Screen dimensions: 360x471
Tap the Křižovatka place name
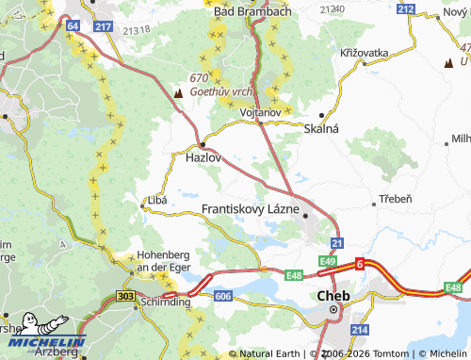tap(365, 54)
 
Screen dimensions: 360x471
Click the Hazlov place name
tap(203, 159)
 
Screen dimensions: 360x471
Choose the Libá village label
tap(156, 201)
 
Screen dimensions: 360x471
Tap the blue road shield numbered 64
tap(73, 27)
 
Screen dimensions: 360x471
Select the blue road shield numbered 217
tap(104, 27)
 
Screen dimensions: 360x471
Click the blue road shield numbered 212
tap(406, 8)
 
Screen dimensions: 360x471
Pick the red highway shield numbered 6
tap(358, 267)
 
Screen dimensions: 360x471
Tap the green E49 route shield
tap(328, 260)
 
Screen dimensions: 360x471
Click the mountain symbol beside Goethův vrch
tap(179, 92)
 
